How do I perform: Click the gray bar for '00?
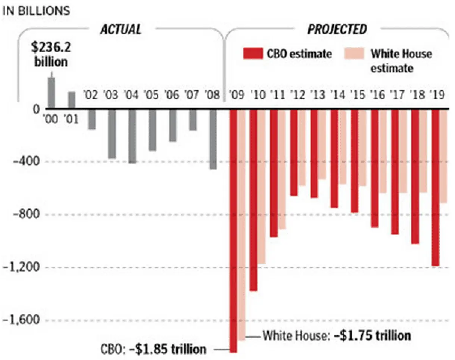click(51, 93)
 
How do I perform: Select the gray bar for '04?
click(133, 136)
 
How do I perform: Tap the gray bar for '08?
click(213, 139)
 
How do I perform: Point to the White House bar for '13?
click(322, 144)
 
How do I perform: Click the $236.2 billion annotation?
click(51, 55)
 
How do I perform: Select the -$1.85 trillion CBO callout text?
click(168, 350)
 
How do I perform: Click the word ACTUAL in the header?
click(121, 30)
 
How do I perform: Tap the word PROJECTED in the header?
click(337, 30)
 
